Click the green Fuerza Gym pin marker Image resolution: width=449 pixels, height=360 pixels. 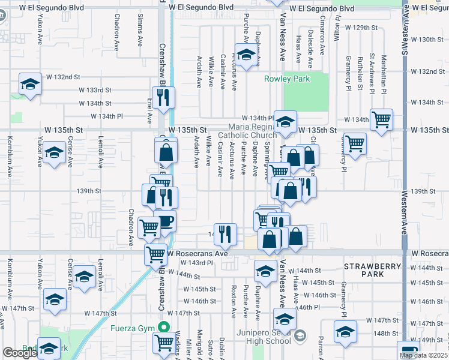(x=163, y=328)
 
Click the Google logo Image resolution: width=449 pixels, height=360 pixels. (x=19, y=353)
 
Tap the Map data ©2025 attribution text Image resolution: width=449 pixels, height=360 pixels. (x=423, y=355)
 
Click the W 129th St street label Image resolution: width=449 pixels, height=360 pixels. (x=364, y=28)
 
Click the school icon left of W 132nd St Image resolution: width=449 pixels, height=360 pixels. (x=30, y=85)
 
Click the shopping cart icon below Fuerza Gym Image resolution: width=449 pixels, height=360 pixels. (x=164, y=343)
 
